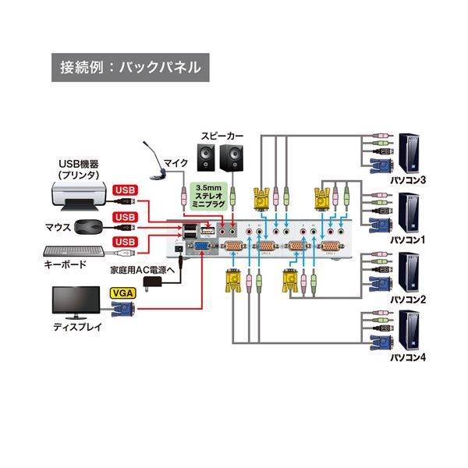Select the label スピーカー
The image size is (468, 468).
point(222,136)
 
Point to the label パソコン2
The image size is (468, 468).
point(408,298)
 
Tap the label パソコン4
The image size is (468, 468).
point(408,358)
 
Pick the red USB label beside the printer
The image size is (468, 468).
point(126,190)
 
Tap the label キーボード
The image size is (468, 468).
point(66,265)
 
